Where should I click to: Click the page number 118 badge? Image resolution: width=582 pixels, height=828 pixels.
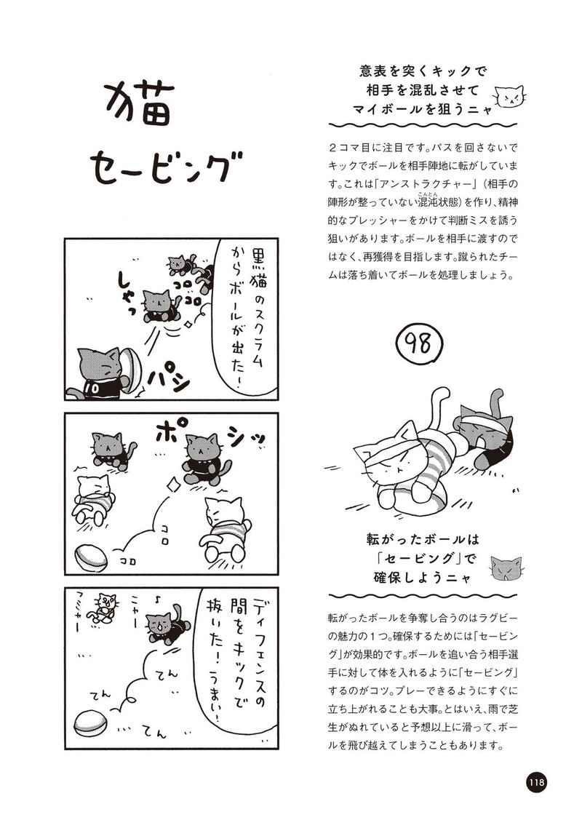point(535,781)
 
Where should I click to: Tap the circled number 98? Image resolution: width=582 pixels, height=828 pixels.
point(418,344)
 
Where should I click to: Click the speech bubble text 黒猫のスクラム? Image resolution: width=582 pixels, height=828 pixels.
point(259,302)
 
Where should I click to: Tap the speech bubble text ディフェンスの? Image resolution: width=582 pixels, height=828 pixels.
point(260,650)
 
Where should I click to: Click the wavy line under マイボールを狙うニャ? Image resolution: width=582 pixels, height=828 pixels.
point(423,125)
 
